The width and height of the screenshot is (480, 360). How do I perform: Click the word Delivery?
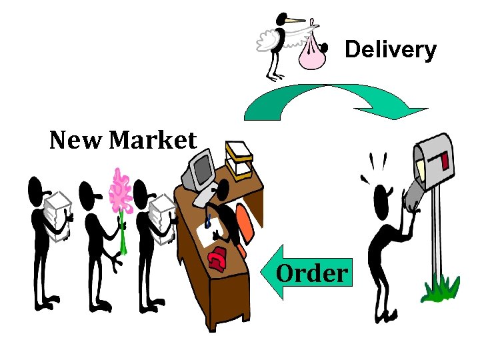pyautogui.click(x=390, y=50)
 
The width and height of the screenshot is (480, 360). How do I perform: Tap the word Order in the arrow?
pyautogui.click(x=312, y=273)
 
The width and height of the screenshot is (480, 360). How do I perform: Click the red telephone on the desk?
pyautogui.click(x=218, y=258)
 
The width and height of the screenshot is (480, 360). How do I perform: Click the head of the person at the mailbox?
pyautogui.click(x=381, y=197)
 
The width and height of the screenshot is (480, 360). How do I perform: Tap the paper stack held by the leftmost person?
pyautogui.click(x=57, y=215)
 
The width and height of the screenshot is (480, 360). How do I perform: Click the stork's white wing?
pyautogui.click(x=271, y=42)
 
